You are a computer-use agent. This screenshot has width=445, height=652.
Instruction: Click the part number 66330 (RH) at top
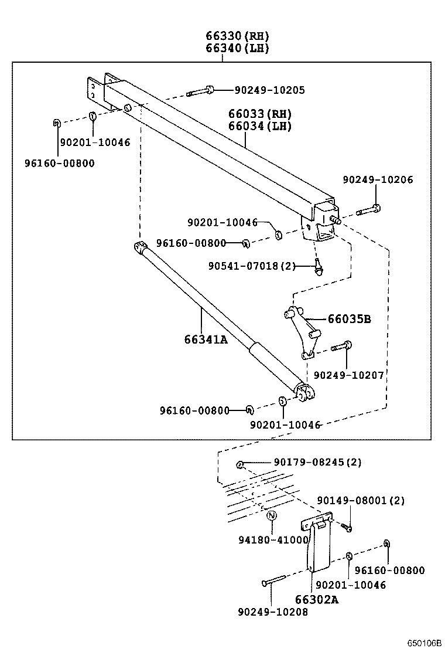pos(237,36)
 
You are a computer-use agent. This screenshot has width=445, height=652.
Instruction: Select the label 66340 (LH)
pos(237,49)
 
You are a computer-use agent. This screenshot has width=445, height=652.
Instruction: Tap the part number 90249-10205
pos(269,90)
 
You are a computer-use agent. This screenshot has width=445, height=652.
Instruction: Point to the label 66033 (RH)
pos(259,114)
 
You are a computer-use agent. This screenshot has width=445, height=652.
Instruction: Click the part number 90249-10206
pos(378,179)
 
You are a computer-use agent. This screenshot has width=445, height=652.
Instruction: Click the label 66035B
pos(349,319)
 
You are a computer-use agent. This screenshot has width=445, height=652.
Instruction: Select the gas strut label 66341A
pos(206,339)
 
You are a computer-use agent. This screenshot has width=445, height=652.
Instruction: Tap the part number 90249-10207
pos(349,375)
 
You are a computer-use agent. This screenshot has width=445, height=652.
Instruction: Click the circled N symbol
pos(271,516)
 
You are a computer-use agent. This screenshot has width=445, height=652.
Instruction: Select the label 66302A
pos(317,599)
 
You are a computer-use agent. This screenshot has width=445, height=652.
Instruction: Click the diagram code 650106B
pos(425,643)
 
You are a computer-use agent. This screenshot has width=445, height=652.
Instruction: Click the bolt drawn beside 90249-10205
pos(201,91)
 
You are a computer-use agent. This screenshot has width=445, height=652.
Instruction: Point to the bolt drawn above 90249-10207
pos(341,347)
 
